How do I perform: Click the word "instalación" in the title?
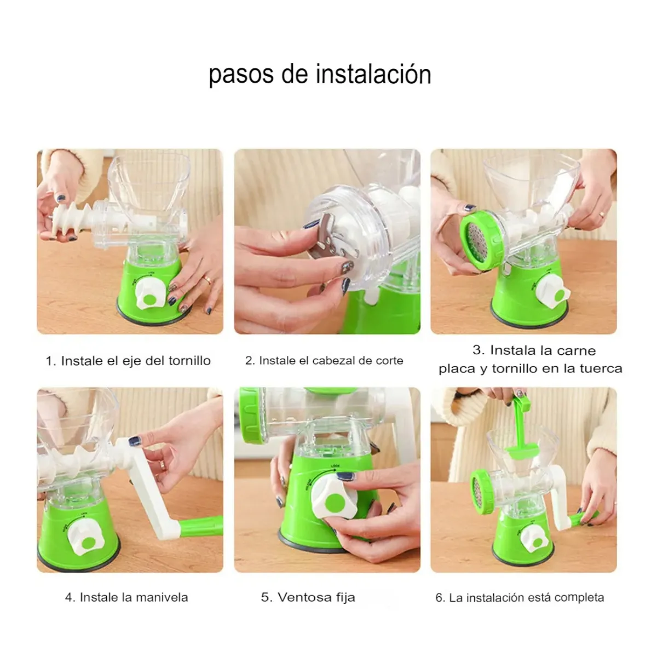[374, 74]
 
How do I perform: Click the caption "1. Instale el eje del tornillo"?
[128, 361]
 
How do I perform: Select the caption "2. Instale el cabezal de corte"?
[324, 360]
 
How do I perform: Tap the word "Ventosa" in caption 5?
[302, 597]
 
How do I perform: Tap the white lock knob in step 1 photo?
[151, 294]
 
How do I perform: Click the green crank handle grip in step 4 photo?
[201, 526]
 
